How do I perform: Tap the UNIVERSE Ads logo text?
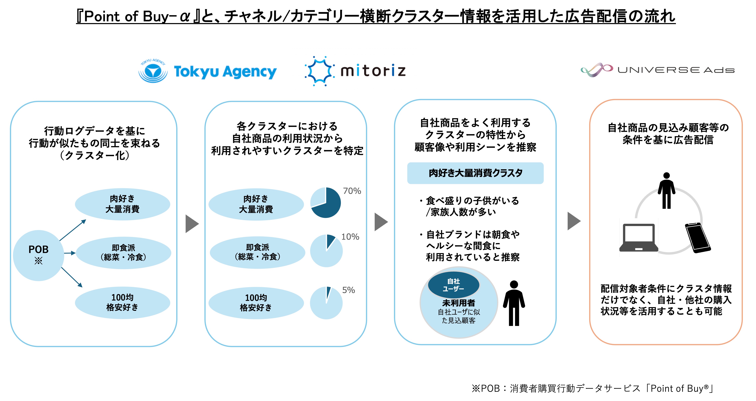[676, 70]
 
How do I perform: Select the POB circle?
[38, 255]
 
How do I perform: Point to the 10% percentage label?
[350, 237]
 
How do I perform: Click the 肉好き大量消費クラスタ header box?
[475, 173]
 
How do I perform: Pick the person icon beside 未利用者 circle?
[514, 303]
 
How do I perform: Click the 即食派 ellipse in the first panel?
[123, 253]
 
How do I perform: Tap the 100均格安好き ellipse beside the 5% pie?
[256, 303]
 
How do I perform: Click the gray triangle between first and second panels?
[192, 224]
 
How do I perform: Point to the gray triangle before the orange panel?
[573, 221]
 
